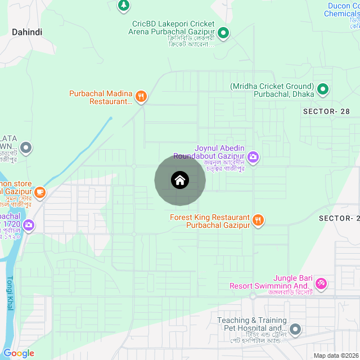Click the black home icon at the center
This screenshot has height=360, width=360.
tap(180, 181)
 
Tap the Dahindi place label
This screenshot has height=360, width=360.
tap(27, 33)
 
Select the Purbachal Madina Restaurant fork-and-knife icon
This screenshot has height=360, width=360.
tap(141, 97)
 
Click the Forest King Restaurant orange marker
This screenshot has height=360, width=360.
tap(258, 220)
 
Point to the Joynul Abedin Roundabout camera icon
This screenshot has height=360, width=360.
tap(253, 156)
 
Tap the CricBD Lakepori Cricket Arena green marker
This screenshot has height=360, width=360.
tap(223, 33)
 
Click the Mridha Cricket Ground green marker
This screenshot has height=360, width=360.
tap(323, 89)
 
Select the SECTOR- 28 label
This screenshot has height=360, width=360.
tap(326, 111)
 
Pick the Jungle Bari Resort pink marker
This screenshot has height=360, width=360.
tap(321, 283)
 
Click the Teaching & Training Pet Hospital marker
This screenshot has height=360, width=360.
tap(296, 329)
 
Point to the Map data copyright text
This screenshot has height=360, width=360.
tap(336, 355)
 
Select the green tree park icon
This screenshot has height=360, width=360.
tap(123, 6)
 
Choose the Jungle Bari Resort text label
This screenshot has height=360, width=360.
tap(270, 282)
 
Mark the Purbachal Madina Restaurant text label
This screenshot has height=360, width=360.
tap(101, 97)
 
